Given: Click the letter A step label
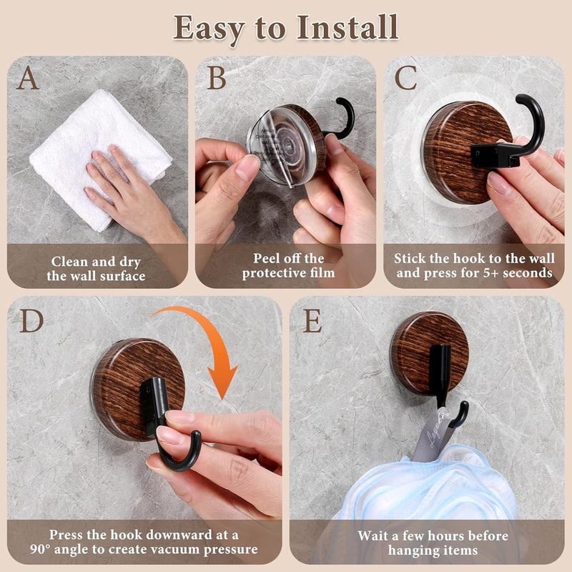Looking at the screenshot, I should (x=28, y=78).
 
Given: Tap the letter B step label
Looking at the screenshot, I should (x=217, y=78).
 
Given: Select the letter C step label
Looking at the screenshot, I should (x=406, y=78).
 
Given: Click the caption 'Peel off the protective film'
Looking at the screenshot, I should (x=287, y=265).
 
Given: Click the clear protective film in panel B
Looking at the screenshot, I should (x=275, y=154).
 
